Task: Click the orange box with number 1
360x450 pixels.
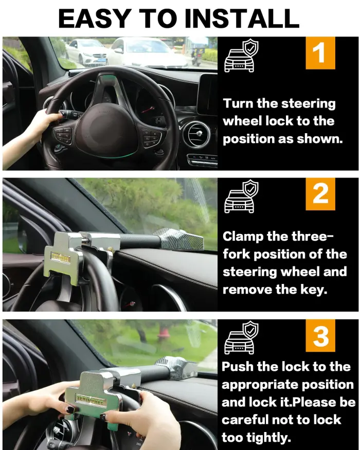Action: (x=320, y=53)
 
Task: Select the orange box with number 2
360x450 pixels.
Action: (x=320, y=194)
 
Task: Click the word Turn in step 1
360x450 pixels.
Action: (x=239, y=103)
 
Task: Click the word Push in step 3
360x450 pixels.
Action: (x=238, y=367)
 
